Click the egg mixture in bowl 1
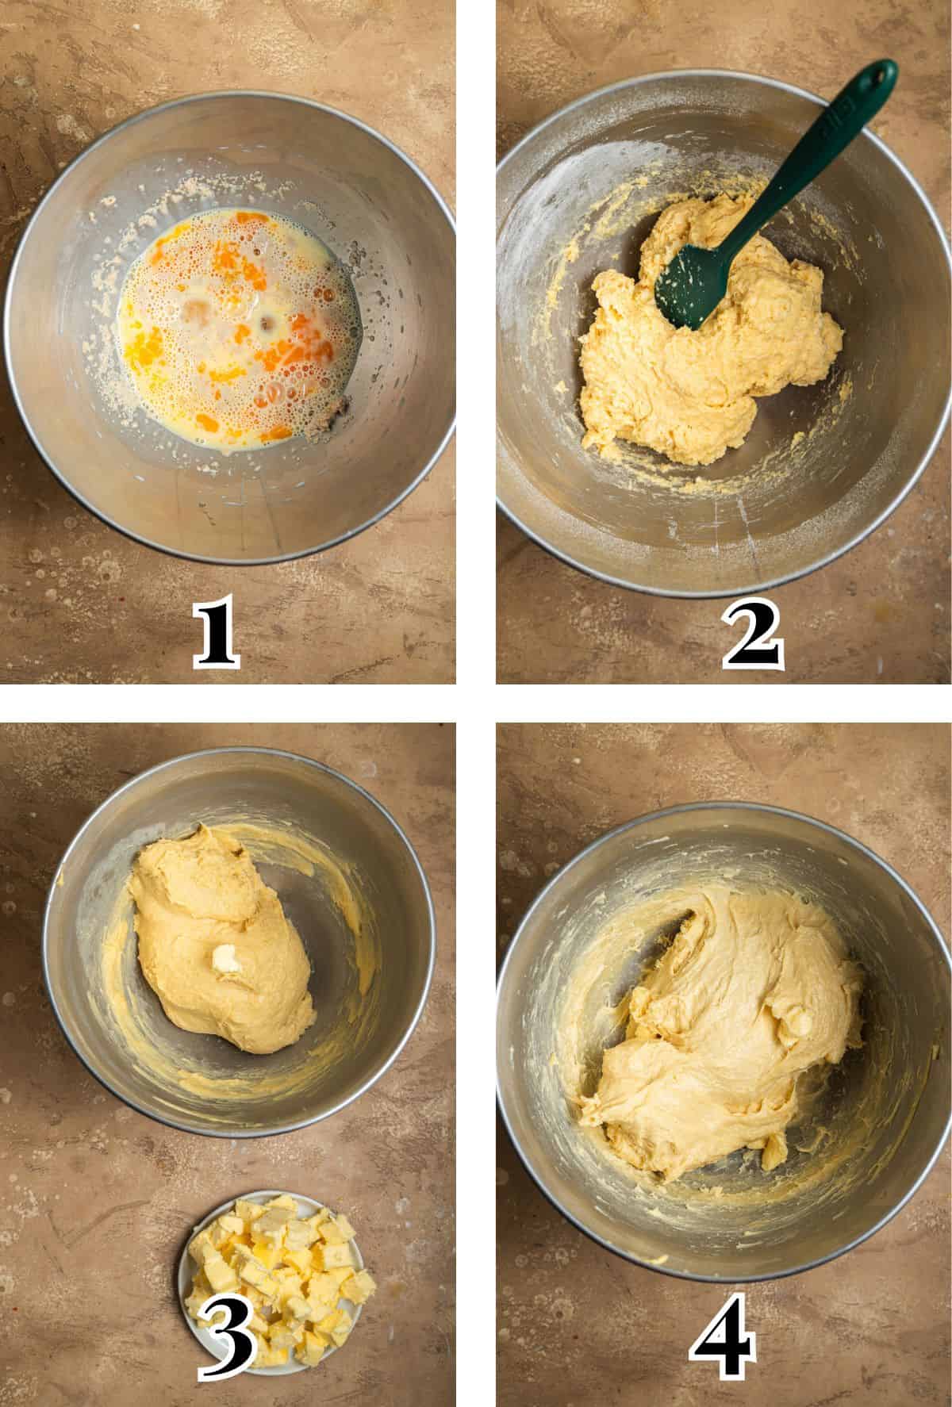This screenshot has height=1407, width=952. (242, 329)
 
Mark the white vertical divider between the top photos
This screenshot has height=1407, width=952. (476, 341)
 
